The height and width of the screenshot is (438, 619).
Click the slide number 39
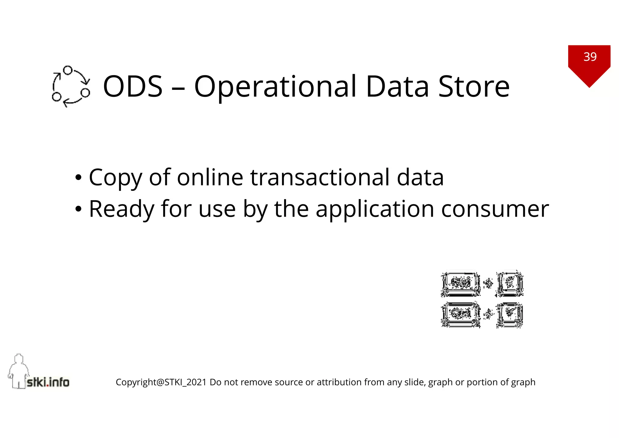click(x=590, y=57)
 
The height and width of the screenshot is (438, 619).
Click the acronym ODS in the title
click(x=133, y=87)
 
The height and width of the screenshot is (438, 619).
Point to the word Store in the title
click(x=474, y=87)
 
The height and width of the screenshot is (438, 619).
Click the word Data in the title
click(x=397, y=87)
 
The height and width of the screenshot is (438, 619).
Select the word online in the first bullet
click(x=210, y=177)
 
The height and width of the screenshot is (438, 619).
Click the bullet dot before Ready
click(x=78, y=209)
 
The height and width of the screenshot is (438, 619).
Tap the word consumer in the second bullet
click(x=495, y=209)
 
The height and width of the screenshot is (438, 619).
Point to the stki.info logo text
click(x=48, y=382)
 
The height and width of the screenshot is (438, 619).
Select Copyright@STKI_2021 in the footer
click(x=161, y=382)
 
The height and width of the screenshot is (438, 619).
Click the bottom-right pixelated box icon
click(x=510, y=315)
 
